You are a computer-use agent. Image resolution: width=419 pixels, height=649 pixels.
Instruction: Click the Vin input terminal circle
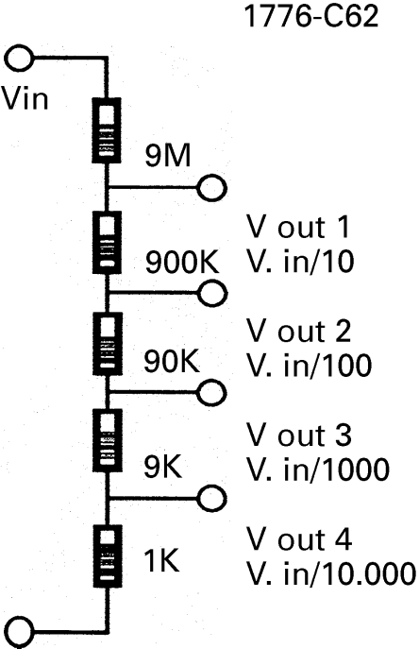point(19,59)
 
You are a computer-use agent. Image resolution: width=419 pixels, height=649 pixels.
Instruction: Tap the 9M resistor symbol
point(107,130)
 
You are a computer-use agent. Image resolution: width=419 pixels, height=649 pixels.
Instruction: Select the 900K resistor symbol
point(107,243)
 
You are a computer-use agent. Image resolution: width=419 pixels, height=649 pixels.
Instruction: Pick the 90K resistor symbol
point(107,344)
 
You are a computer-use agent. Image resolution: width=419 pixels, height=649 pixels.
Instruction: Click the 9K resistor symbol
point(108,440)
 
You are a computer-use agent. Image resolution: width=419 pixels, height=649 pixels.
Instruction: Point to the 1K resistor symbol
point(108,555)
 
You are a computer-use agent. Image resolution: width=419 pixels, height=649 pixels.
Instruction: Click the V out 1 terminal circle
point(211,188)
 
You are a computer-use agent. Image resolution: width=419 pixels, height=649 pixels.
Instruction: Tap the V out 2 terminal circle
point(212,293)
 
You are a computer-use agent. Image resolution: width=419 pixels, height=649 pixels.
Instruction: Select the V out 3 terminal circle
point(211,392)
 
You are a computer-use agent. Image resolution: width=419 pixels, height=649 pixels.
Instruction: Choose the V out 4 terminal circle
point(211,498)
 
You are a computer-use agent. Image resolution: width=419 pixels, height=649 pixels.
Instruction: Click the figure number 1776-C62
point(311,16)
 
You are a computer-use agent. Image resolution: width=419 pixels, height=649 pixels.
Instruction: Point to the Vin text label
point(25,98)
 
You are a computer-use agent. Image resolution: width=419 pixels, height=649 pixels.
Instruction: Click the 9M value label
point(168,155)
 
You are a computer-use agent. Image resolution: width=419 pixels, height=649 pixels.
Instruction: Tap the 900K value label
point(182,262)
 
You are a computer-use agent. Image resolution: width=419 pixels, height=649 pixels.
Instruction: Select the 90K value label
point(172,361)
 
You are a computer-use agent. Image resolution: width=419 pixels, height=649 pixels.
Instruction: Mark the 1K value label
point(161,560)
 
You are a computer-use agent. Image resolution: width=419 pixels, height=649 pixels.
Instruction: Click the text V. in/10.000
point(331,573)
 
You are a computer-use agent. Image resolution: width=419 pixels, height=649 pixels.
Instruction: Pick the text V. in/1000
point(318,469)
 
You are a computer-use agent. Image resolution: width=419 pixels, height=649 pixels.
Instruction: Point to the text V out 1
point(298,227)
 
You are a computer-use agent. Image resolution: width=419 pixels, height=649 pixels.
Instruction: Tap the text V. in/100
point(310,365)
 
